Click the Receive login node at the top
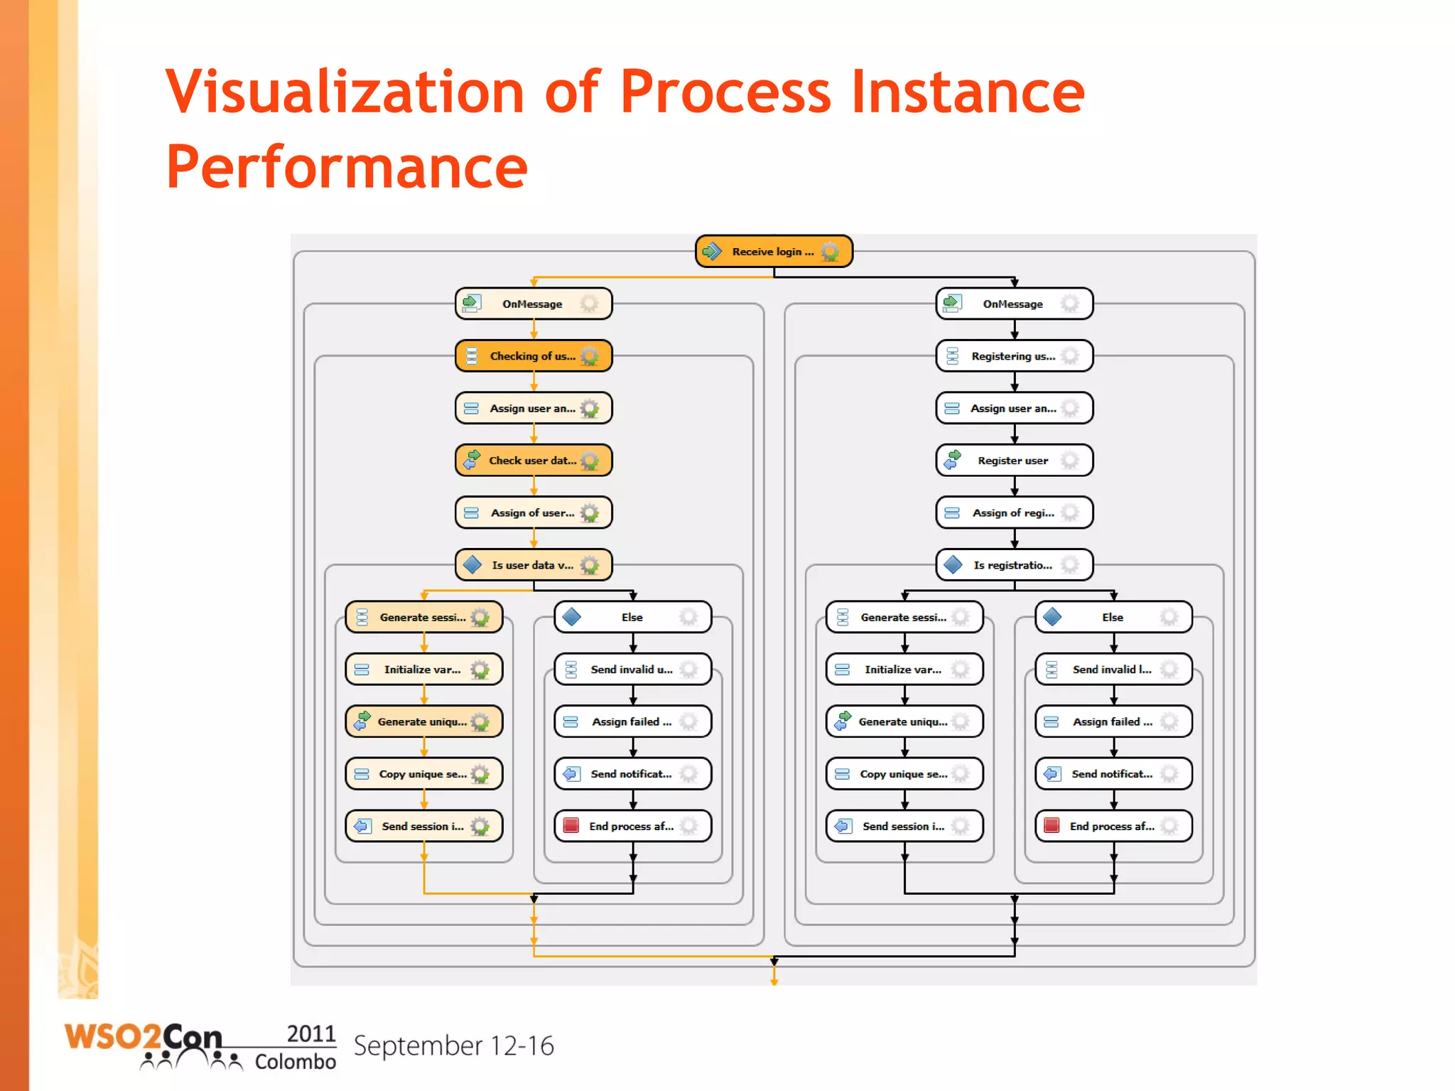pos(773,252)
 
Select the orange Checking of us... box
pos(533,356)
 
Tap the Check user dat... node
pos(533,461)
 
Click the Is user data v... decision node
pos(533,565)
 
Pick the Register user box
pos(1013,461)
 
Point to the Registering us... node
pos(1013,356)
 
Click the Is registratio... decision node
pos(1013,565)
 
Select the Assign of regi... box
pos(1013,512)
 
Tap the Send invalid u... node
pos(632,670)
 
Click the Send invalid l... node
pos(1113,670)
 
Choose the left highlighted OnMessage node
pos(533,304)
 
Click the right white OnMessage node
pos(1013,304)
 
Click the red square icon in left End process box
pos(571,825)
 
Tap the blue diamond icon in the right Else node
pos(1052,617)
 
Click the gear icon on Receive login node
pos(830,252)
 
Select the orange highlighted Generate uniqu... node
pos(423,721)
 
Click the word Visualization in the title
pos(344,92)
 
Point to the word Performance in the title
pos(347,168)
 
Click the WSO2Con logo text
pos(142,1038)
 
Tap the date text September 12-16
pos(453,1046)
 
